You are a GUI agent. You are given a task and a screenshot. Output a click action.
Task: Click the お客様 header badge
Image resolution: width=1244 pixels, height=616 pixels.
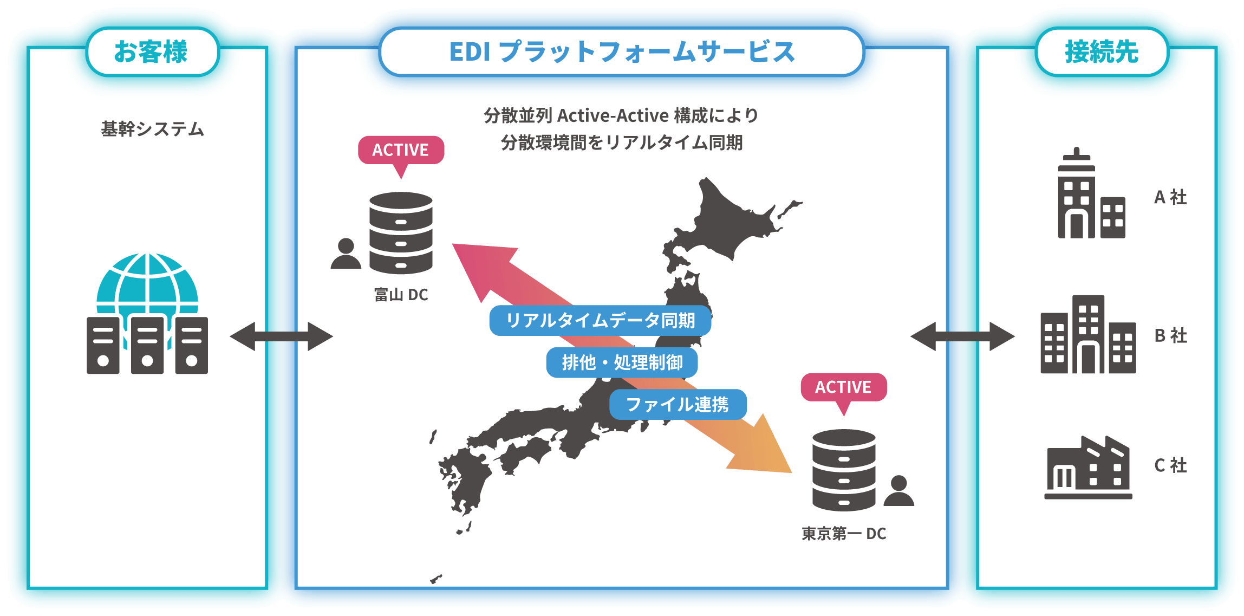(152, 53)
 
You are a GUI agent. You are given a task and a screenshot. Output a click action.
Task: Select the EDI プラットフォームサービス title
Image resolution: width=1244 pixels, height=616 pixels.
(622, 53)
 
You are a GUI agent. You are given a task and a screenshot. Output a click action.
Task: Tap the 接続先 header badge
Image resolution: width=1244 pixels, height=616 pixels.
(1102, 53)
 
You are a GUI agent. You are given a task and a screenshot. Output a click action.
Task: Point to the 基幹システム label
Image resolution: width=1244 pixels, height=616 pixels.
(152, 129)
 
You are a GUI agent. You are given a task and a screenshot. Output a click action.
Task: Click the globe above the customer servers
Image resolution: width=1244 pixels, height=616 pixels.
(147, 282)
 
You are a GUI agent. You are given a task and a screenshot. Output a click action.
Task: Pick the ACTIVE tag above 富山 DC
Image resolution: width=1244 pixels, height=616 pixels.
(401, 150)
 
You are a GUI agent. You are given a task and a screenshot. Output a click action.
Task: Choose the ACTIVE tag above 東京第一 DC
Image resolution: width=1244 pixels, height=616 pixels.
(843, 387)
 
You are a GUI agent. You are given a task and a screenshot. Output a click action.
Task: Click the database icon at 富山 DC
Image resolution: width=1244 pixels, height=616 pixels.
(401, 233)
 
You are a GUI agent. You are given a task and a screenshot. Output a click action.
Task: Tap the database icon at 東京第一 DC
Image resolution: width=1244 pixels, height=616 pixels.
(844, 470)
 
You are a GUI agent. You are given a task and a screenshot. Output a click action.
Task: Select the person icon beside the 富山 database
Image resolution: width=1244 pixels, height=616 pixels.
(346, 254)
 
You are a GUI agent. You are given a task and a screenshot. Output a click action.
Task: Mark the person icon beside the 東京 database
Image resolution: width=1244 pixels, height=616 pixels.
(898, 491)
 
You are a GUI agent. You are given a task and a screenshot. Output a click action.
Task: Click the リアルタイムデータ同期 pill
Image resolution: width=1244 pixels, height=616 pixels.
(600, 321)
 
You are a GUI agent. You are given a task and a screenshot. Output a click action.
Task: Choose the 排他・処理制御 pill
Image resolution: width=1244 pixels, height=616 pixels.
(622, 362)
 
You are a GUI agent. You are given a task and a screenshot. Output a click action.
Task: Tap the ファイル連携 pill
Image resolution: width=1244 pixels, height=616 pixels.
(678, 404)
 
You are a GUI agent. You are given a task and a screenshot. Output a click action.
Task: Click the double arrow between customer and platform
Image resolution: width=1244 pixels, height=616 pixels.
(281, 336)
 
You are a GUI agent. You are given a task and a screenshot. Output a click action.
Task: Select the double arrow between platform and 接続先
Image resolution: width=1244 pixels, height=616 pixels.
(962, 336)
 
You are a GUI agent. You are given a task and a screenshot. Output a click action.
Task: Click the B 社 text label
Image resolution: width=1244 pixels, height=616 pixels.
(1170, 336)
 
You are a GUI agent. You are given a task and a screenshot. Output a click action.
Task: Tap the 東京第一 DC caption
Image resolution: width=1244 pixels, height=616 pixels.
(844, 534)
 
